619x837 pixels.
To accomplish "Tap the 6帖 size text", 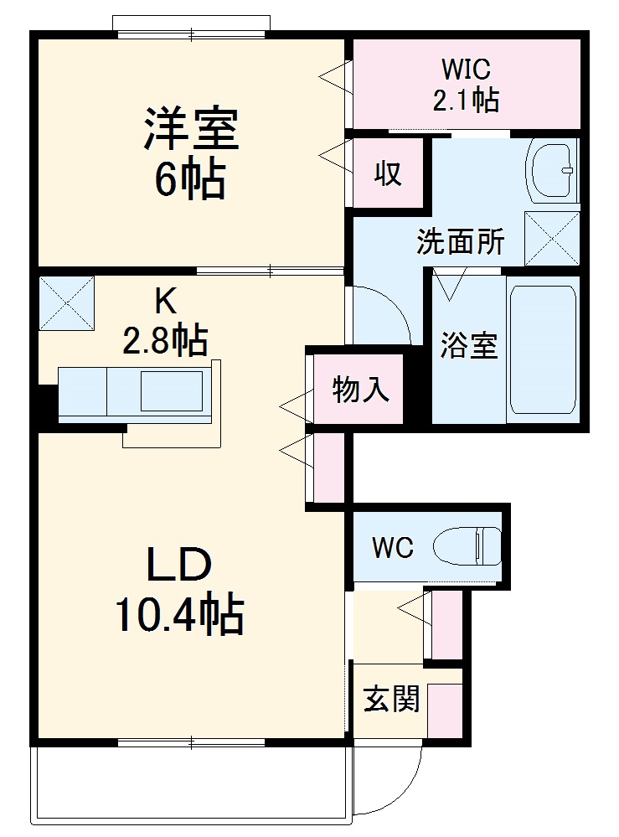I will pos(189,178).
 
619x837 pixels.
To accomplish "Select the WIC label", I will pos(465,67).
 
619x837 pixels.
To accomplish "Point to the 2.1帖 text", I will pos(466,101).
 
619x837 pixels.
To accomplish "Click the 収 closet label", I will pos(386,173).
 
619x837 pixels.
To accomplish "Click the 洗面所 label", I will pos(461,242).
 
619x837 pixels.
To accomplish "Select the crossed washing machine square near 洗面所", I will pos(552,239).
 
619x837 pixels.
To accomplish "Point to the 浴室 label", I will pos(470,346).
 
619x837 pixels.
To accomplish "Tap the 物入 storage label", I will pos(360,390).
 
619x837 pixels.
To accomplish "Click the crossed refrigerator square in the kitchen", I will pos(66,302).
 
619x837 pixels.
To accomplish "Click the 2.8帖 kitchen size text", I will pos(165,339).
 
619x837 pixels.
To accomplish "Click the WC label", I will pos(392,548).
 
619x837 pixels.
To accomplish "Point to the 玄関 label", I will pos(390,699).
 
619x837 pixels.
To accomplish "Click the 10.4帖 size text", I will pos(179,617).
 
